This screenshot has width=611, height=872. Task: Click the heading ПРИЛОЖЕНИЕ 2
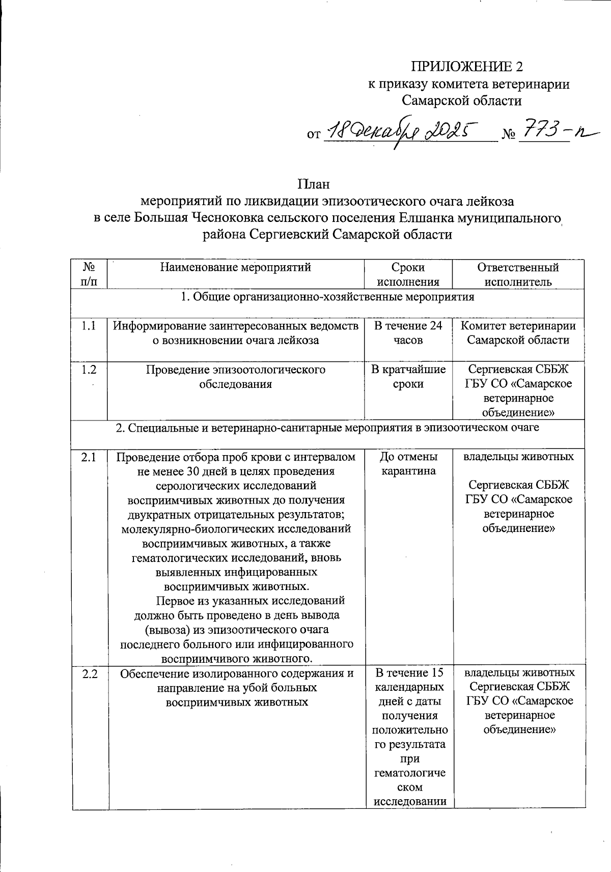click(x=466, y=67)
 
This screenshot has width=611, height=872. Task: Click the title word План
click(x=314, y=184)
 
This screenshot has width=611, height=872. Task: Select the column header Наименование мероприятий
click(x=235, y=267)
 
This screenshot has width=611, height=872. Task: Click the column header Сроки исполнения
click(x=408, y=274)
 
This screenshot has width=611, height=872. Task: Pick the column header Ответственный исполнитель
click(x=518, y=274)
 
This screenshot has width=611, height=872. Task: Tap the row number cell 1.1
click(x=89, y=326)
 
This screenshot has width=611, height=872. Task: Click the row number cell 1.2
click(x=89, y=370)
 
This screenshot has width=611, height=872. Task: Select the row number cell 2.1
click(x=89, y=457)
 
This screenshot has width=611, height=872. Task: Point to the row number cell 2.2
click(x=90, y=674)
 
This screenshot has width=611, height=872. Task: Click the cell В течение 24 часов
click(x=408, y=333)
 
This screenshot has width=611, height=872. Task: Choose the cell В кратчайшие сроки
click(x=408, y=377)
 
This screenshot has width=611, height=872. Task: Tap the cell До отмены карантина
click(x=408, y=464)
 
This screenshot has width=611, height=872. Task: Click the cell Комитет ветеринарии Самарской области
click(x=518, y=333)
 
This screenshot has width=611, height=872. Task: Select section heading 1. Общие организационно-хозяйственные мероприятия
click(x=327, y=297)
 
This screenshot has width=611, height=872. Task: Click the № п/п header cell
click(x=89, y=274)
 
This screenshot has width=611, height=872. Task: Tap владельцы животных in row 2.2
click(x=519, y=672)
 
